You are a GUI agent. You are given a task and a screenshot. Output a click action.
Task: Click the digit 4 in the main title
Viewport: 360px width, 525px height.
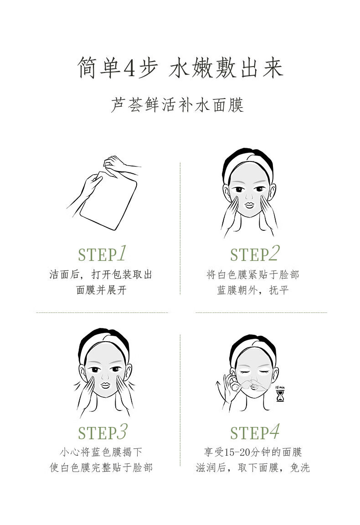[129, 68]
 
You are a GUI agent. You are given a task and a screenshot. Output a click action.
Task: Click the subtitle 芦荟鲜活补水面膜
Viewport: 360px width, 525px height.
[178, 105]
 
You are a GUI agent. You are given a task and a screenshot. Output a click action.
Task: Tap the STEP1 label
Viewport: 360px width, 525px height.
[103, 254]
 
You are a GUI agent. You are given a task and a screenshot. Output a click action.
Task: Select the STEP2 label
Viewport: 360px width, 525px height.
[255, 254]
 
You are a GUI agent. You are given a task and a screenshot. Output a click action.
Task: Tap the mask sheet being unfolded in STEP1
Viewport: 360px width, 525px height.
[108, 201]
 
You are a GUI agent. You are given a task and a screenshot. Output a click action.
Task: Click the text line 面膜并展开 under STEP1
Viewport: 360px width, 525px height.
[101, 290]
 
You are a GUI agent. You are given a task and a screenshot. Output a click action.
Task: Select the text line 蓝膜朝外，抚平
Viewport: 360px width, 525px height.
[253, 290]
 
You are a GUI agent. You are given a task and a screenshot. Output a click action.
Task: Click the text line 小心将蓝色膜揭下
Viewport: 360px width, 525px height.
[101, 452]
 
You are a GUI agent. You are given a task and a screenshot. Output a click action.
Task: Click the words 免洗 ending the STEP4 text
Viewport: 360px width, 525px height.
[300, 468]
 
